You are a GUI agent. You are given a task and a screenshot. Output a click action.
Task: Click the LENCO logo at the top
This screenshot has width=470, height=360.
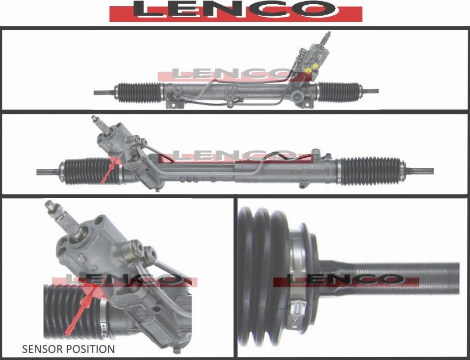tap(236, 11)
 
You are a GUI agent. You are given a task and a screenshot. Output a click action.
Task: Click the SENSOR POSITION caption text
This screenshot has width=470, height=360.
tap(68, 349)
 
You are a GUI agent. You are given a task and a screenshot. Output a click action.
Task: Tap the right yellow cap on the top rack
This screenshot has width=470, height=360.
tap(315, 66)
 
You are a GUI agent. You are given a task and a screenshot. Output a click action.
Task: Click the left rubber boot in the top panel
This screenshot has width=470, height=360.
tap(139, 92)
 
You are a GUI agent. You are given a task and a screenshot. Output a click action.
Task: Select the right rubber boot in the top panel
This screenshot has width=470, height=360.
tap(339, 91)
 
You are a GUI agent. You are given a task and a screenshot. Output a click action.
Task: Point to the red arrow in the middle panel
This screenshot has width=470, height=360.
tap(109, 170)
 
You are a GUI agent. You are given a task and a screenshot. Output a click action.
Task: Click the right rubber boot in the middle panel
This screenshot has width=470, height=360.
tap(371, 171)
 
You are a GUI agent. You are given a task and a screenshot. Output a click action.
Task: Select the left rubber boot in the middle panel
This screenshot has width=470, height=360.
tap(91, 171)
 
